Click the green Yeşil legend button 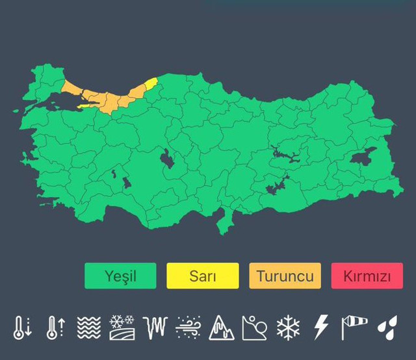[120, 276]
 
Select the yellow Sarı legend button [202, 276]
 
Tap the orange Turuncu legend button [285, 276]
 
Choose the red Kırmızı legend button [367, 276]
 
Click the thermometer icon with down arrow [21, 328]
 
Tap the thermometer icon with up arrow [54, 328]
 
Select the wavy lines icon [88, 328]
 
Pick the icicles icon [156, 328]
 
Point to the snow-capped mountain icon [221, 328]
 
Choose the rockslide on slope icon [254, 328]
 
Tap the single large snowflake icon [287, 328]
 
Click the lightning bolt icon [321, 328]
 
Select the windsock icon [354, 328]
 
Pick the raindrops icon [387, 328]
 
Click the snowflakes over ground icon [122, 328]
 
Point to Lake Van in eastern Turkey [364, 158]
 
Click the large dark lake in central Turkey [167, 158]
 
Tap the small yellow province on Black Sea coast [151, 84]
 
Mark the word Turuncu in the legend [285, 276]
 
